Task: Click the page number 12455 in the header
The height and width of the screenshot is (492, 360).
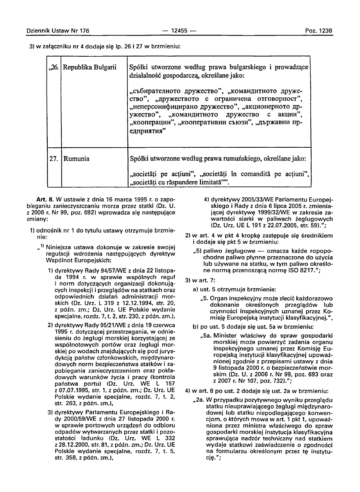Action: (x=180, y=30)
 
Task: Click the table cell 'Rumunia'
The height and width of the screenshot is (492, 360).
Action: (x=76, y=159)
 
